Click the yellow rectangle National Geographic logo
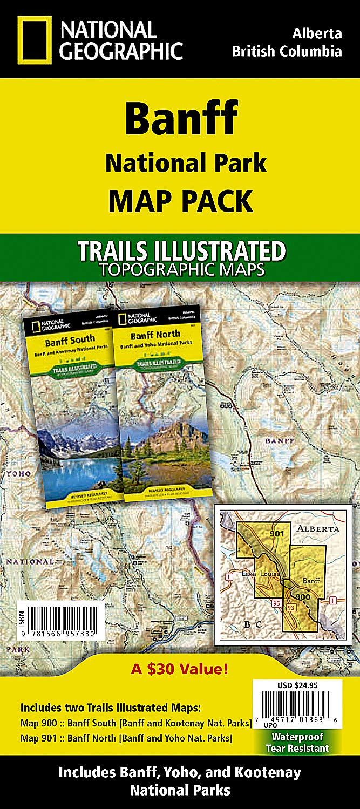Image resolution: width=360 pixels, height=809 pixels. (34, 39)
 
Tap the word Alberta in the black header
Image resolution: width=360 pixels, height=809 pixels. (317, 33)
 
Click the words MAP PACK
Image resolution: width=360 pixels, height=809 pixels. (181, 200)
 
